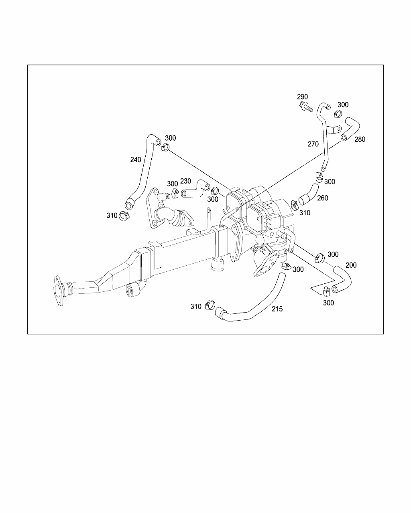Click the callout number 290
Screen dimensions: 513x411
(302, 97)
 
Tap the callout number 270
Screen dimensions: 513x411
(313, 144)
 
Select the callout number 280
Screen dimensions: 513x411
(360, 139)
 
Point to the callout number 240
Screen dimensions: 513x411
(136, 160)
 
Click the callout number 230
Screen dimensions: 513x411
(185, 181)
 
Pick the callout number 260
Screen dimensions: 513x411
(322, 198)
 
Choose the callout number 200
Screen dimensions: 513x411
(351, 265)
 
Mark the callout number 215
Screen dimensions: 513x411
(277, 309)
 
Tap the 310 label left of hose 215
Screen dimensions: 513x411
(196, 307)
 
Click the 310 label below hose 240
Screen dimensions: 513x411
(112, 216)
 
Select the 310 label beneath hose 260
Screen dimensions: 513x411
(305, 213)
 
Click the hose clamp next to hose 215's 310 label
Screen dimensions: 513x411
(209, 305)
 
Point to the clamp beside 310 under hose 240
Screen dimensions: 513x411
(125, 217)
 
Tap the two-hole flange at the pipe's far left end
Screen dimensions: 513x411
(59, 291)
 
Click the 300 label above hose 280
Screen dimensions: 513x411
(343, 105)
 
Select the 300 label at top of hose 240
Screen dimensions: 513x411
(170, 138)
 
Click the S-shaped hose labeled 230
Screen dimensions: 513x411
(195, 188)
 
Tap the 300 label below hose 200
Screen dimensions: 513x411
(328, 303)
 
